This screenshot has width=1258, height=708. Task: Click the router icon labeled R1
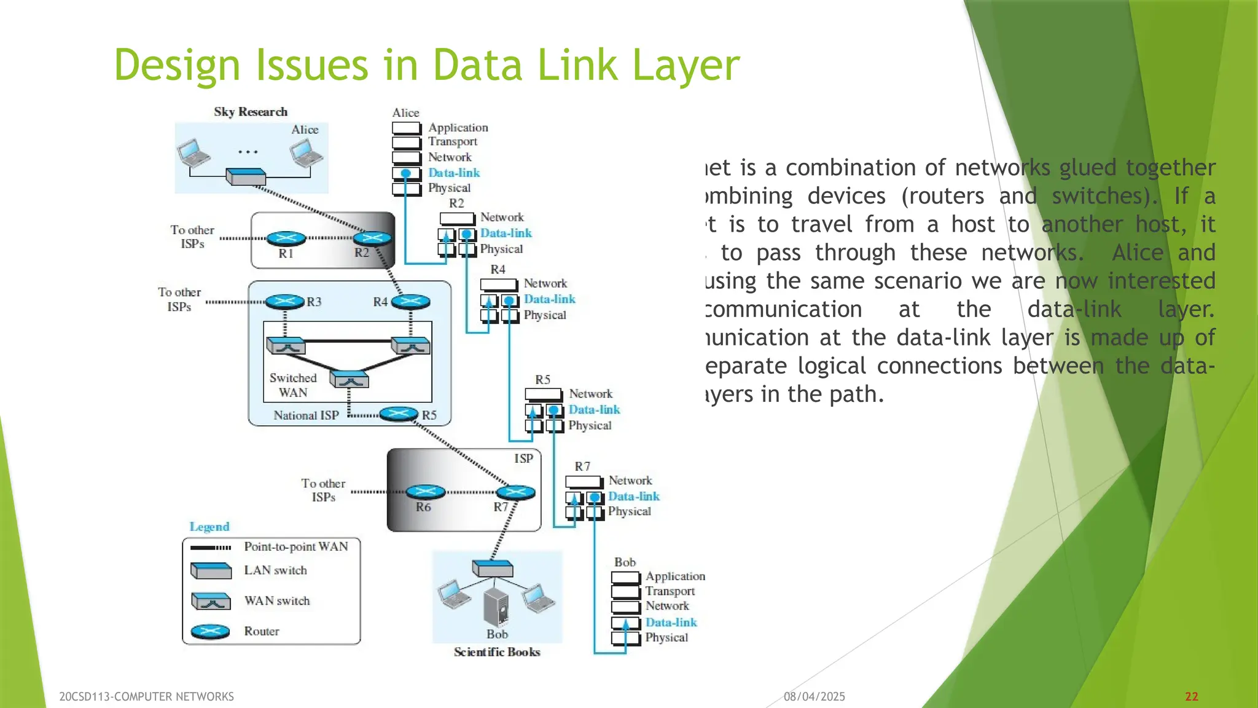coord(286,238)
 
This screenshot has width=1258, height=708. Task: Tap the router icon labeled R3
coord(284,301)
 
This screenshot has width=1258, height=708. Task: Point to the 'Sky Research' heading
coord(251,112)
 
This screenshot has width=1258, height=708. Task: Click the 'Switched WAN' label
coord(293,385)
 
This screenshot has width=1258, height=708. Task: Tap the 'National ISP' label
coord(306,415)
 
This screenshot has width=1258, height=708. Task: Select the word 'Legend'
coord(209,527)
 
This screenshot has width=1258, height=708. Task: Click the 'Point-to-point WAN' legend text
coord(296,546)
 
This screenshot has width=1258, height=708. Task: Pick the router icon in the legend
coord(210,631)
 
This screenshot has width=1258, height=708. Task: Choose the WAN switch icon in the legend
coord(211,601)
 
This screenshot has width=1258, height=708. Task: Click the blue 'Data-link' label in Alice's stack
coord(454,173)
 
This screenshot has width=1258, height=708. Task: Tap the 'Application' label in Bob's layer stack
coord(675,576)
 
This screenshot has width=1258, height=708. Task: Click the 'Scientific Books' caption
coord(497,652)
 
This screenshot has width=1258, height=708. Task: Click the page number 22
coord(1192,696)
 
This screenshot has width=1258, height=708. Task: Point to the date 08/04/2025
coord(815,696)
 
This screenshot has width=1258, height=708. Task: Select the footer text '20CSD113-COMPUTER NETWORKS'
coord(146,696)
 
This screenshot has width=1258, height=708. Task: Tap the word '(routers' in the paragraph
coord(943,196)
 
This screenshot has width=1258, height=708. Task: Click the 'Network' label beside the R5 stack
coord(590,394)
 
